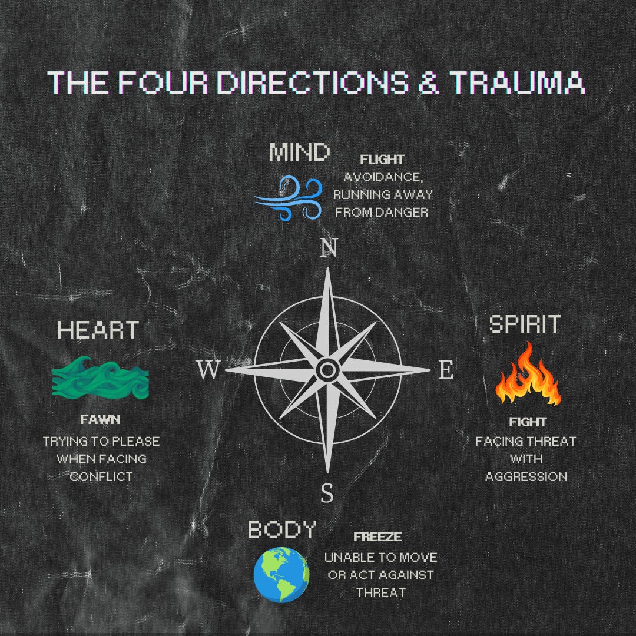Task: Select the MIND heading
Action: click(x=299, y=153)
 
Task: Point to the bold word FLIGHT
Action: click(x=382, y=160)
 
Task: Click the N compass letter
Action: click(x=328, y=249)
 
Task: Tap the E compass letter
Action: click(x=446, y=370)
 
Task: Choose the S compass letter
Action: click(x=327, y=492)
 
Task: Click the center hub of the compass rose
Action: click(x=327, y=370)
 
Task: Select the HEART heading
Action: click(x=98, y=330)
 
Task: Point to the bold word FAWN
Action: click(x=100, y=420)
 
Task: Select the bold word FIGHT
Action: click(x=527, y=422)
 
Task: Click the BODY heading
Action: click(x=282, y=529)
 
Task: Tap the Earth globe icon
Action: click(x=281, y=573)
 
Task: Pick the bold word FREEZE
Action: click(x=377, y=537)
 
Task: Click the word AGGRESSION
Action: click(x=526, y=476)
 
